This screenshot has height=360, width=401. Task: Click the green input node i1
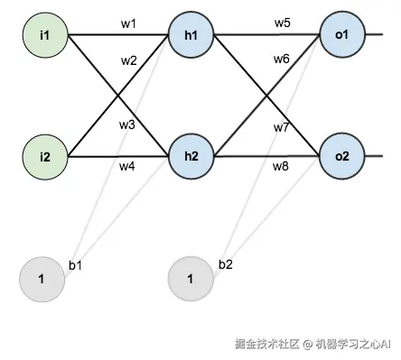click(45, 35)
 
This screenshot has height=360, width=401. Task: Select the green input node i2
click(45, 156)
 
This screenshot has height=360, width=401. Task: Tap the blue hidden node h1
click(191, 35)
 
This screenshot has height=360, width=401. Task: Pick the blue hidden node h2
click(191, 156)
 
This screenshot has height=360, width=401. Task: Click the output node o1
click(341, 35)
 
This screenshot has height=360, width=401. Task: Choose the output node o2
click(341, 156)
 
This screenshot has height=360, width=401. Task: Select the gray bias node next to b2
click(191, 278)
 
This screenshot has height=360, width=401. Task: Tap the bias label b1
click(76, 265)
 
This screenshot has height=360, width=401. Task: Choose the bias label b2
click(225, 264)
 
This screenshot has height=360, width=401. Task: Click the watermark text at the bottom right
click(312, 345)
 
